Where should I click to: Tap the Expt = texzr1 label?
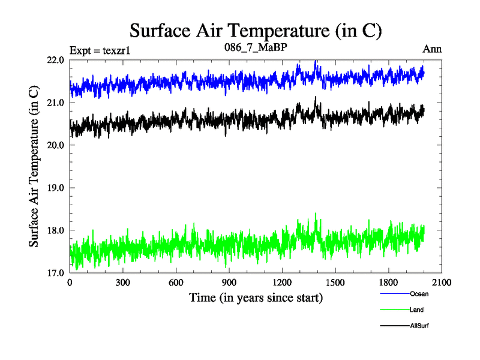100,50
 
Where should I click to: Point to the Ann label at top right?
432,49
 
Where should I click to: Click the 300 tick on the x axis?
123,283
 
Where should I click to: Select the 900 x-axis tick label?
229,283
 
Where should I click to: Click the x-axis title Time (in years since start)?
256,297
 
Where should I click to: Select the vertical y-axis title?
35,166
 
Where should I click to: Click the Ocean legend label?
419,294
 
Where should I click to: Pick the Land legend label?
417,310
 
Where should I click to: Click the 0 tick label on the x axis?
70,283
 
